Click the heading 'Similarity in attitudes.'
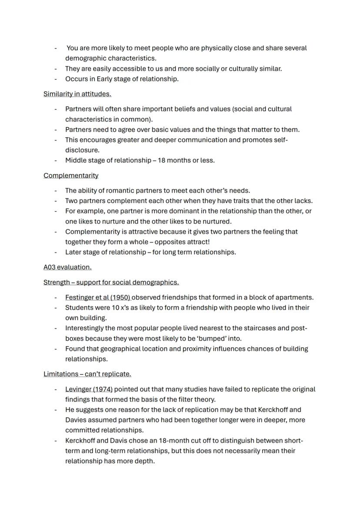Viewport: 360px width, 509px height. click(77, 94)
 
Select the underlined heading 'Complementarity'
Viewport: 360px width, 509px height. click(71, 176)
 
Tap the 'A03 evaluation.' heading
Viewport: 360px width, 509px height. click(67, 267)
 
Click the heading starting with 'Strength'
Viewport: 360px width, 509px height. click(111, 283)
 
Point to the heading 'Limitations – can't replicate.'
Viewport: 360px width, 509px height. click(87, 374)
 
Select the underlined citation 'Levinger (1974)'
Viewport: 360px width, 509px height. click(89, 389)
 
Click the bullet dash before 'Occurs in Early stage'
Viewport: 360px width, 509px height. click(56, 79)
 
